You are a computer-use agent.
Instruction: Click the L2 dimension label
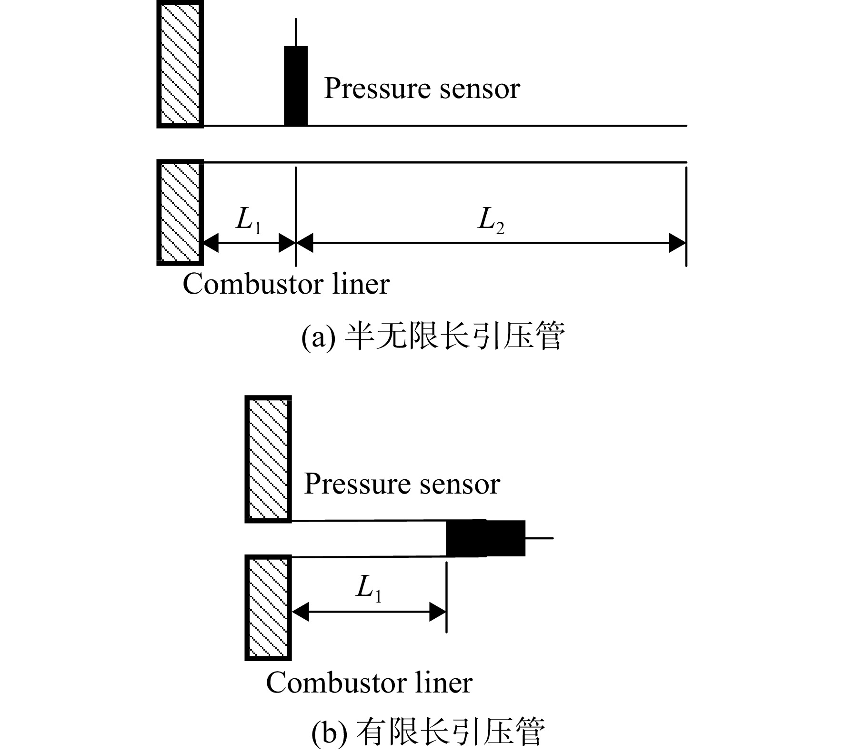point(491,221)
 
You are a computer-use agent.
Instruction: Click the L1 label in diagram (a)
point(248,221)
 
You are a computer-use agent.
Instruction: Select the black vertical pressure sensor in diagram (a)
point(296,86)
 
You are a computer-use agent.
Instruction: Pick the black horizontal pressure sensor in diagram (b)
point(485,538)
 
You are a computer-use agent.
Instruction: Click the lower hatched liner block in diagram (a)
point(180,212)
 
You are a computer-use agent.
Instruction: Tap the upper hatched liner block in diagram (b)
point(268,459)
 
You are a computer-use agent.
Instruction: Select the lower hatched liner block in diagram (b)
point(268,607)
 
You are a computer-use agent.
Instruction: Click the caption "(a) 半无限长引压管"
point(433,337)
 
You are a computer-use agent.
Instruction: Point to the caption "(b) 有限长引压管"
point(428,732)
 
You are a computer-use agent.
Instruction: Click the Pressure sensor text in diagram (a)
point(422,89)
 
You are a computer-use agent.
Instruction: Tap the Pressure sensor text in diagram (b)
point(402,485)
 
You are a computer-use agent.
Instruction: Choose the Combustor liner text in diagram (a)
point(286,284)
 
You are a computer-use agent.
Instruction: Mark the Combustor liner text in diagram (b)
point(369,683)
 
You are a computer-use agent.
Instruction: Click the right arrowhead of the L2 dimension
point(677,243)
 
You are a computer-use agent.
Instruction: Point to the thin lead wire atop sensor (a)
point(296,32)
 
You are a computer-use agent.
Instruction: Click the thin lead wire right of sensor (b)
point(539,538)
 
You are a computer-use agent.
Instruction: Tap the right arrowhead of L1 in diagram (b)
point(438,612)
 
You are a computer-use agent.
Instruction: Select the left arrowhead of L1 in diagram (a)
point(211,243)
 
